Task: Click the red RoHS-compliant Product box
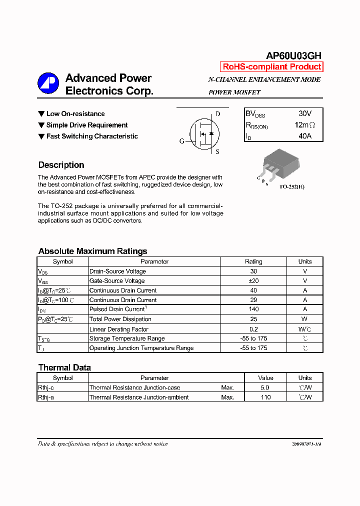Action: point(271,67)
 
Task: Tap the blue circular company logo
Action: point(48,83)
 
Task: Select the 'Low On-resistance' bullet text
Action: point(75,114)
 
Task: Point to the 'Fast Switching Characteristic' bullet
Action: point(92,136)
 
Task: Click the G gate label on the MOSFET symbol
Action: point(181,141)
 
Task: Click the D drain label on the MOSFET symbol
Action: point(217,114)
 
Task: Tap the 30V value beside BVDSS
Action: point(304,114)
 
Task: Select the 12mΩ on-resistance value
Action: point(304,125)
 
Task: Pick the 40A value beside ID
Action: point(304,136)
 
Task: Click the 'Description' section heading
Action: point(61,165)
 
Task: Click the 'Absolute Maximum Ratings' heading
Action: point(92,251)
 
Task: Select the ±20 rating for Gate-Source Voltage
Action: point(253,281)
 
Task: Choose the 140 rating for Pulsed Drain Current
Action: point(253,309)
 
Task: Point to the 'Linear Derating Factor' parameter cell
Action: point(119,329)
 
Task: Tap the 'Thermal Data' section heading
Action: point(64,367)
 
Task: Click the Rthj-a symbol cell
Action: point(46,397)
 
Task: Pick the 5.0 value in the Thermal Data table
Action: point(265,387)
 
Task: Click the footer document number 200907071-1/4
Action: point(306,444)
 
